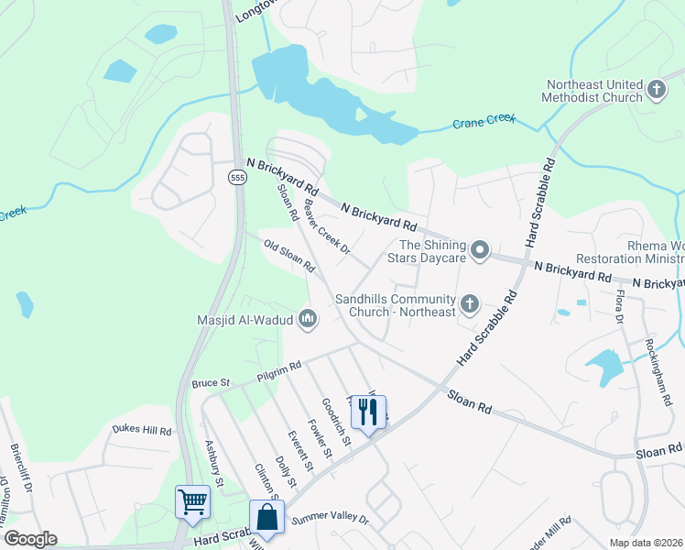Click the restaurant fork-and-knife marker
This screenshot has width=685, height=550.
[x=368, y=412]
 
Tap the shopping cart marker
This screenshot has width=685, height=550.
[x=193, y=501]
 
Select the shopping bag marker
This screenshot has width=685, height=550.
[x=266, y=516]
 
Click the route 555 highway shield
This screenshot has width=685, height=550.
[x=238, y=177]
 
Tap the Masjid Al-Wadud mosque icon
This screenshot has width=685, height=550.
[x=308, y=319]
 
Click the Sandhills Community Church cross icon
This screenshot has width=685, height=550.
[x=469, y=303]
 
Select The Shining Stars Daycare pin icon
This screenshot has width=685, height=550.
[x=480, y=250]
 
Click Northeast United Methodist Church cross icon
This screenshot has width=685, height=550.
[x=656, y=89]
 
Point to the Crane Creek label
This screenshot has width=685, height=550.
[x=485, y=121]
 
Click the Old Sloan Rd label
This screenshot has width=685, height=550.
[x=289, y=257]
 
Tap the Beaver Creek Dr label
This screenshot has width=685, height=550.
[x=327, y=229]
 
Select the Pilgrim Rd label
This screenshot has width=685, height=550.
[x=280, y=367]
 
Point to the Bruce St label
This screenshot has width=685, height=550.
[x=211, y=382]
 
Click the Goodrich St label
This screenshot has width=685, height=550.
[x=336, y=422]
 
